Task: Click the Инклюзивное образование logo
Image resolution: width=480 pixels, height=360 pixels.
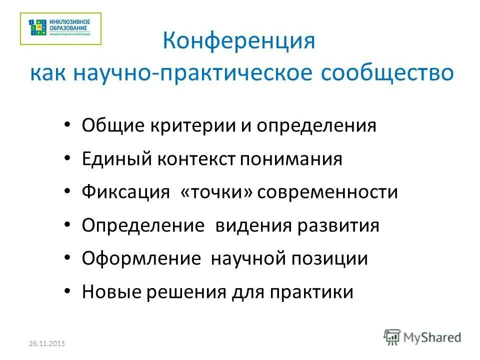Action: [x=60, y=28]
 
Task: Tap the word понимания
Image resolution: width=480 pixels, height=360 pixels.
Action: [x=291, y=159]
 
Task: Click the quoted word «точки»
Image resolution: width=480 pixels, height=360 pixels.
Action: [x=216, y=192]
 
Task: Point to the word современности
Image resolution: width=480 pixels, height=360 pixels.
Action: [x=327, y=192]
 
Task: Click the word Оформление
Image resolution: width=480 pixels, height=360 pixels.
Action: [x=141, y=258]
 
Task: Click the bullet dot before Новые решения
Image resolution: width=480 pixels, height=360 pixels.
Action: [x=68, y=292]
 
